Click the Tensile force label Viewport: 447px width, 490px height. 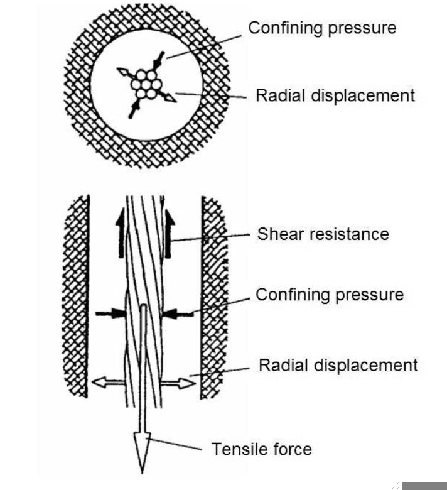(261, 449)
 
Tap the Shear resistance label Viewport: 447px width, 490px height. (323, 234)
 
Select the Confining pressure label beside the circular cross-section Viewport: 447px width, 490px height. (322, 28)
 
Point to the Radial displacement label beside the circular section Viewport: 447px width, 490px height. (335, 95)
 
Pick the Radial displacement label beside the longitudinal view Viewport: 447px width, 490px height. (338, 365)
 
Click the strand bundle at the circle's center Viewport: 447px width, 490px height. (146, 84)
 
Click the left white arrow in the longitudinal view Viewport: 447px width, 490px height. (107, 380)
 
